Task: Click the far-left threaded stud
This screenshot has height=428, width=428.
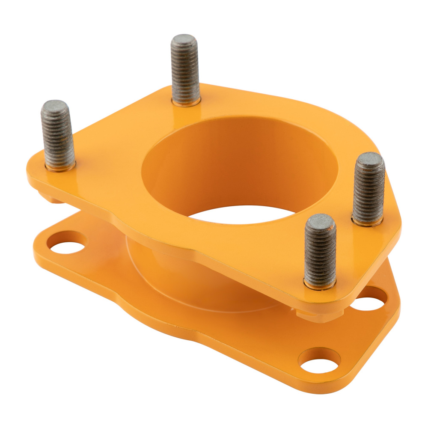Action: coord(58,135)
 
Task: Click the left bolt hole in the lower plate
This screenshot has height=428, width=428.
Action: coord(66,242)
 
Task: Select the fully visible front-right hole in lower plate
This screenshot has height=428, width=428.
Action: coord(319,360)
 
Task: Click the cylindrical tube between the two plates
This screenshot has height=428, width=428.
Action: coord(171,274)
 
